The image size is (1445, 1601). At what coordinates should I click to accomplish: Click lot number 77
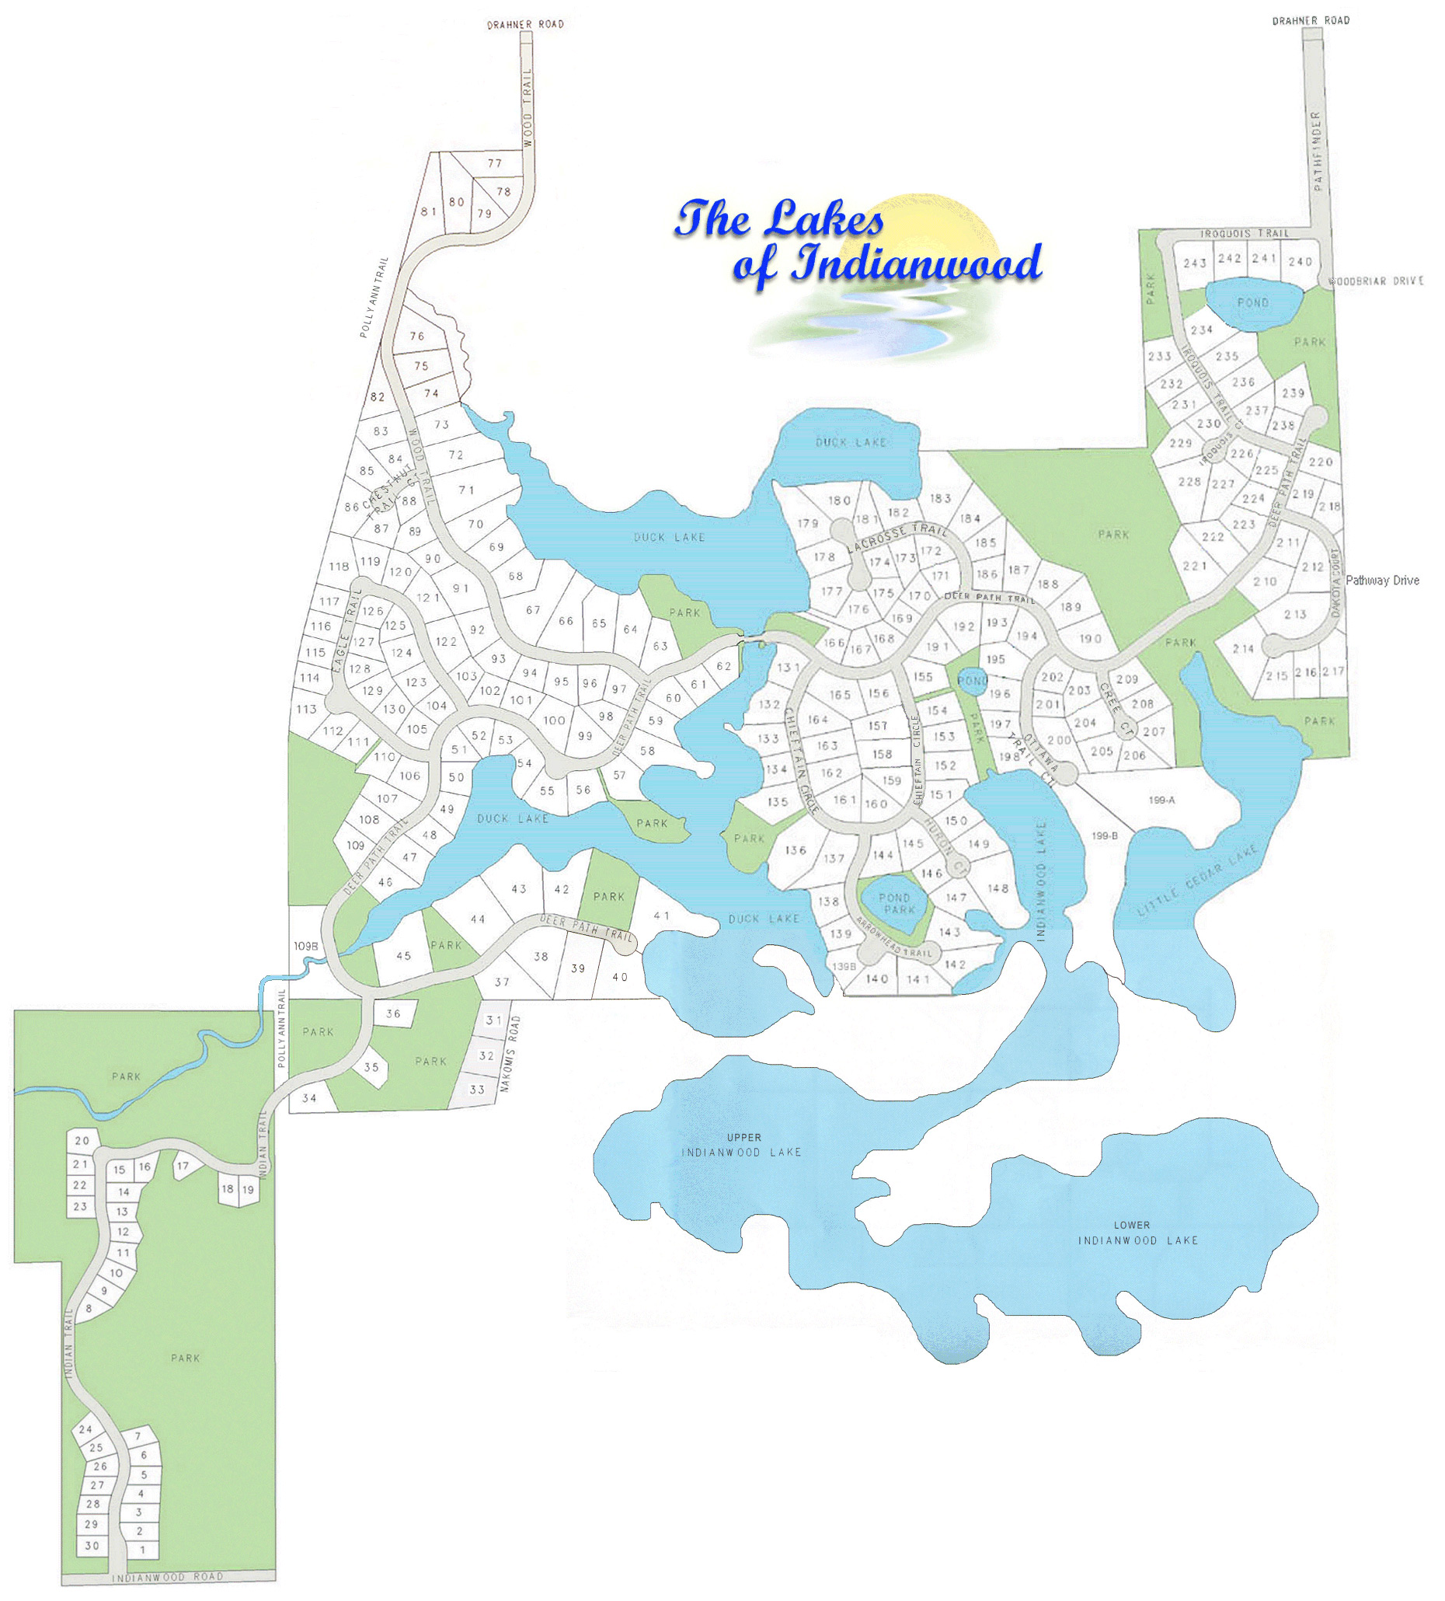496,163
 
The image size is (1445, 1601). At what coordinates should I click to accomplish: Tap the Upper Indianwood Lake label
743,1144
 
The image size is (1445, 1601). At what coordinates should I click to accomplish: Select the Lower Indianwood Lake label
1137,1232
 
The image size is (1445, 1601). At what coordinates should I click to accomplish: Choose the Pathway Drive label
1382,581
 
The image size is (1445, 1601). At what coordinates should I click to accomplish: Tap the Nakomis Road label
513,1053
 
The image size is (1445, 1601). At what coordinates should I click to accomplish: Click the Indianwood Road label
168,1577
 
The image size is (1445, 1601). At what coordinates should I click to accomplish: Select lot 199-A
1161,800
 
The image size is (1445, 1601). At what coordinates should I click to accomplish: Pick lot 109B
305,947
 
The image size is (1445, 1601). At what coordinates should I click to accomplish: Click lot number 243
1195,263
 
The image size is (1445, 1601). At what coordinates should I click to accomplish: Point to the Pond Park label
897,904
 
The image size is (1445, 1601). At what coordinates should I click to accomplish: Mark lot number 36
393,1014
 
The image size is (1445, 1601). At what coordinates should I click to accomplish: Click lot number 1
143,1550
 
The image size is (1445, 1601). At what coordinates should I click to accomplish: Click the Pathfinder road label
1318,151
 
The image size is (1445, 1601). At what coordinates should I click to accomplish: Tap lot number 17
183,1167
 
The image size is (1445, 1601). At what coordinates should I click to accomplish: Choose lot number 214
1243,649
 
